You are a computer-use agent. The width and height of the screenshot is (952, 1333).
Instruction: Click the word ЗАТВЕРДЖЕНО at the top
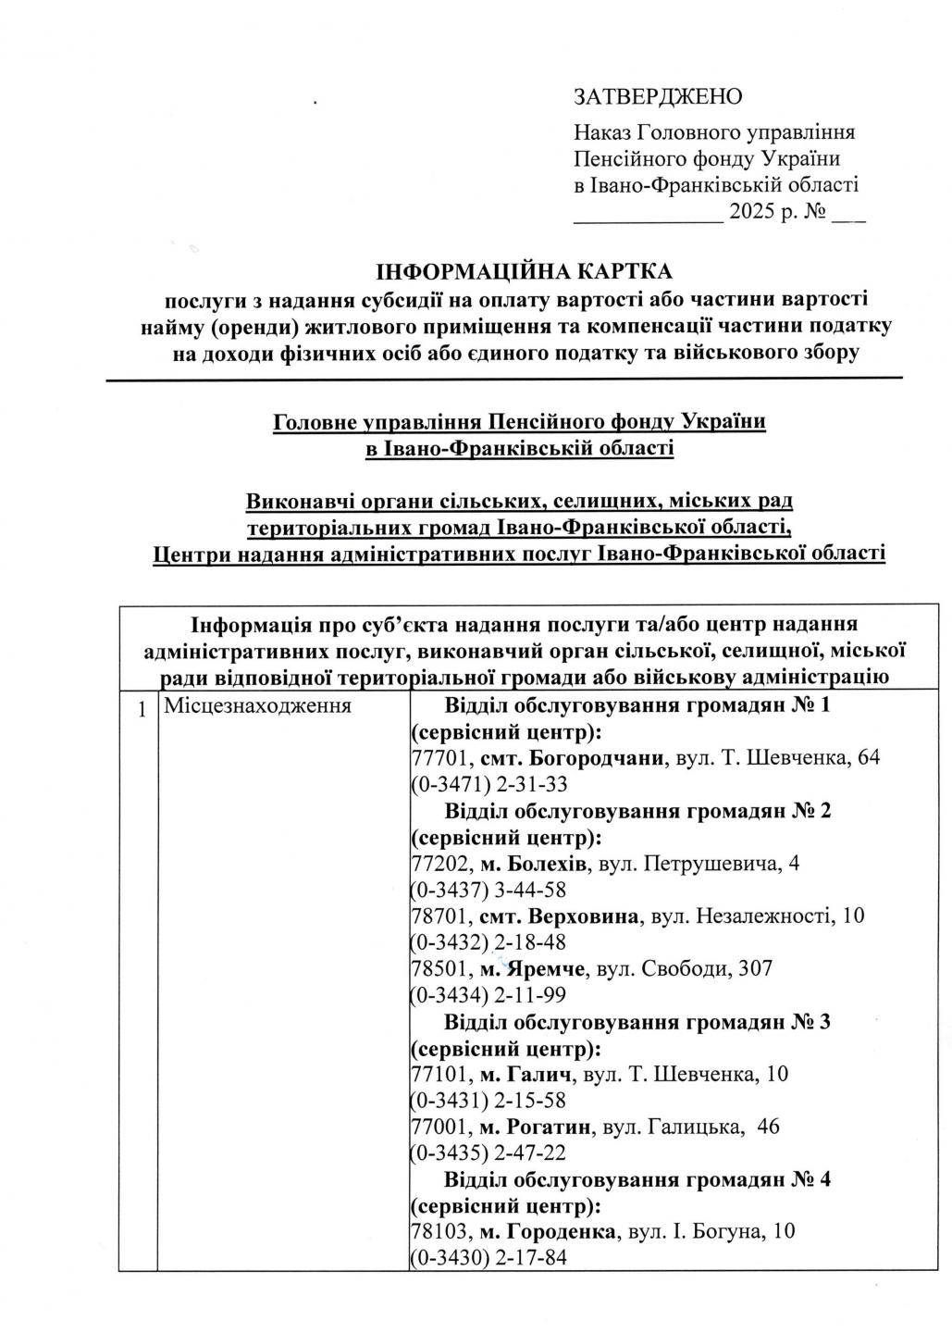pyautogui.click(x=658, y=96)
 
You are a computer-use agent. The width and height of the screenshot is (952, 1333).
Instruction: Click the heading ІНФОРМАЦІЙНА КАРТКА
pyautogui.click(x=524, y=272)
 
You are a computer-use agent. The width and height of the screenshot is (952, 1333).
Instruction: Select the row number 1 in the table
pyautogui.click(x=142, y=710)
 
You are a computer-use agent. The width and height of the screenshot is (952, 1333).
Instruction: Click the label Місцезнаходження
pyautogui.click(x=257, y=706)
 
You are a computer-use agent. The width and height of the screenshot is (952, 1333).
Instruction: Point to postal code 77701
pyautogui.click(x=439, y=758)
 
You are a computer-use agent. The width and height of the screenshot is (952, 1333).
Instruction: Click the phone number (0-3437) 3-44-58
pyautogui.click(x=488, y=891)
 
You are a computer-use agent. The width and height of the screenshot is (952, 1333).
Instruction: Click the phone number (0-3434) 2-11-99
pyautogui.click(x=488, y=995)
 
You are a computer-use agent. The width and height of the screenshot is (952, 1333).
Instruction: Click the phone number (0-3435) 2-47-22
pyautogui.click(x=488, y=1153)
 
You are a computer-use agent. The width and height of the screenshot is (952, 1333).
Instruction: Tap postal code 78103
pyautogui.click(x=439, y=1232)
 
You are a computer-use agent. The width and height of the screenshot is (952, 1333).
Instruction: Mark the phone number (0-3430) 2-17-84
pyautogui.click(x=488, y=1258)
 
